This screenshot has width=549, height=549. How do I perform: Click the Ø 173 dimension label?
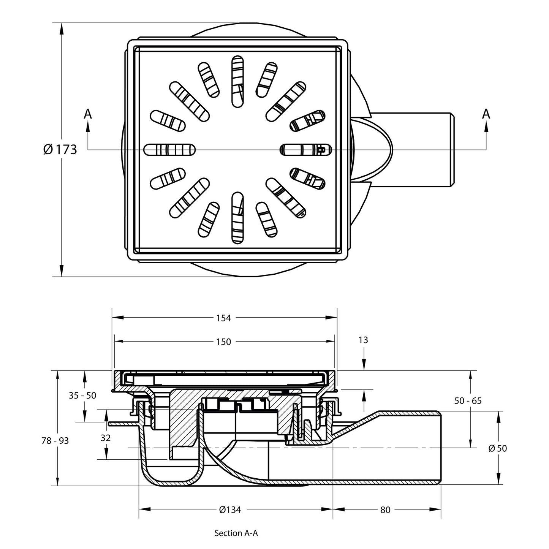pos(60,149)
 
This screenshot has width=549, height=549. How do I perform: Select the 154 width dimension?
pos(223,318)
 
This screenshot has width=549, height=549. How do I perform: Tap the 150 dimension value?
pos(223,342)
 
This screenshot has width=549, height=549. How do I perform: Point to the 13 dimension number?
pos(363,340)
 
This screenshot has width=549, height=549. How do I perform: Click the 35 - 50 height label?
pos(82,395)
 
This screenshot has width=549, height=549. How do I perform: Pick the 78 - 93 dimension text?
pos(55,441)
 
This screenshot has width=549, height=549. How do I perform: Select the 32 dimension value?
pos(106,438)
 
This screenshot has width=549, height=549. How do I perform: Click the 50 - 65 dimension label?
pos(468,400)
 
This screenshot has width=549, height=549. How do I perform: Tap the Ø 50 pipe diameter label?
pos(497,448)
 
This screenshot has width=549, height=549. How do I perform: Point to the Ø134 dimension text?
pos(230,510)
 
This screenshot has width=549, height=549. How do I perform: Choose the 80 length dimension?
pos(385,510)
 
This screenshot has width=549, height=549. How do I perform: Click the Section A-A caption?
pos(236,533)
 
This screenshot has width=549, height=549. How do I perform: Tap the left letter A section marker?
pos(88,114)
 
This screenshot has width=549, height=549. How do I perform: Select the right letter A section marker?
pos(486,114)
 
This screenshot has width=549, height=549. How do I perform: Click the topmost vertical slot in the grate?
pos(237,80)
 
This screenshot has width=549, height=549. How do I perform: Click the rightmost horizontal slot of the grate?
pos(305,150)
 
